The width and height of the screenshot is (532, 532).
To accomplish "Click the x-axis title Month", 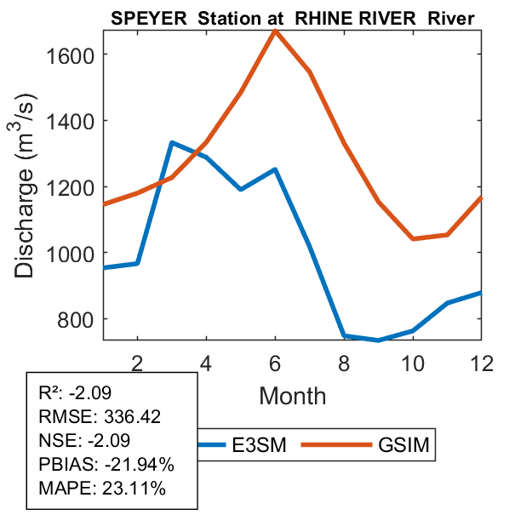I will tap(292, 395).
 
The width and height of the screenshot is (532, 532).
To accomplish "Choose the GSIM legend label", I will tap(402, 444).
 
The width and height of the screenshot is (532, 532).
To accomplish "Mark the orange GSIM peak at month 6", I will tap(275, 31).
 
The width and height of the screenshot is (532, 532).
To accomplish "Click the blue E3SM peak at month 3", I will tap(172, 143).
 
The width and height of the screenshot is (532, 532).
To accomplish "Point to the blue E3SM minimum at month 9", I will tap(378, 340).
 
